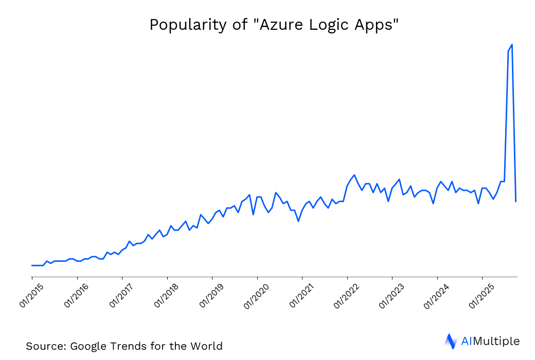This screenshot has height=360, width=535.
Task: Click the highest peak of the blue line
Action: (x=512, y=45)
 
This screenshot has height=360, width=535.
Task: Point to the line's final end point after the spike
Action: (x=515, y=201)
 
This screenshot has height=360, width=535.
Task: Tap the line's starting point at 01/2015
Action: (x=32, y=265)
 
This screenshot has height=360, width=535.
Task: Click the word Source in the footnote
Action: (x=45, y=346)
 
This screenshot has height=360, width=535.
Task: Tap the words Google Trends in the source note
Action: (x=109, y=346)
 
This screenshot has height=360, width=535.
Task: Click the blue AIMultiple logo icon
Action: (x=451, y=341)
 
